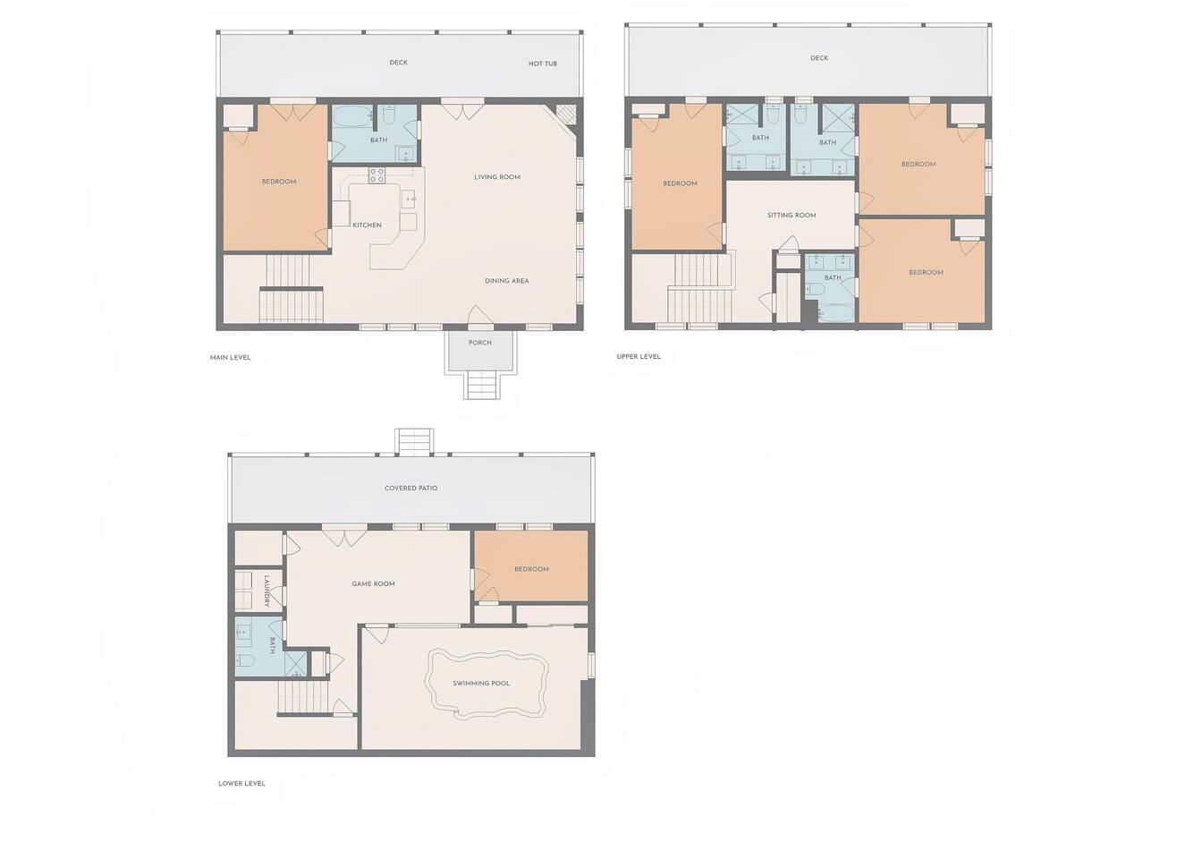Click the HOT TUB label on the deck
[x=543, y=64]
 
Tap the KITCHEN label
[x=367, y=225]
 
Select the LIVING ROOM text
[x=497, y=176]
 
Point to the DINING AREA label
[x=506, y=280]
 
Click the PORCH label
[x=479, y=343]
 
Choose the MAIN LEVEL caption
[x=230, y=357]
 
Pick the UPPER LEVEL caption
[x=639, y=356]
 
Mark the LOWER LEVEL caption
[x=241, y=783]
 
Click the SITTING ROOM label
[x=791, y=215]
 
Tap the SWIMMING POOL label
[x=481, y=683]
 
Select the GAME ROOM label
[x=374, y=583]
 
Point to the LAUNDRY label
[x=267, y=591]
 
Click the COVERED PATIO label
[x=411, y=488]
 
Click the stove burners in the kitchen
[x=377, y=175]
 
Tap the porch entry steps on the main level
[x=481, y=384]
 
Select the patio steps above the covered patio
[x=414, y=441]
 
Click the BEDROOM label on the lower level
[x=531, y=568]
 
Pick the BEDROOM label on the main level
[x=279, y=182]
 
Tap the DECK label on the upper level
[x=819, y=57]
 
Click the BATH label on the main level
[x=378, y=140]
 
